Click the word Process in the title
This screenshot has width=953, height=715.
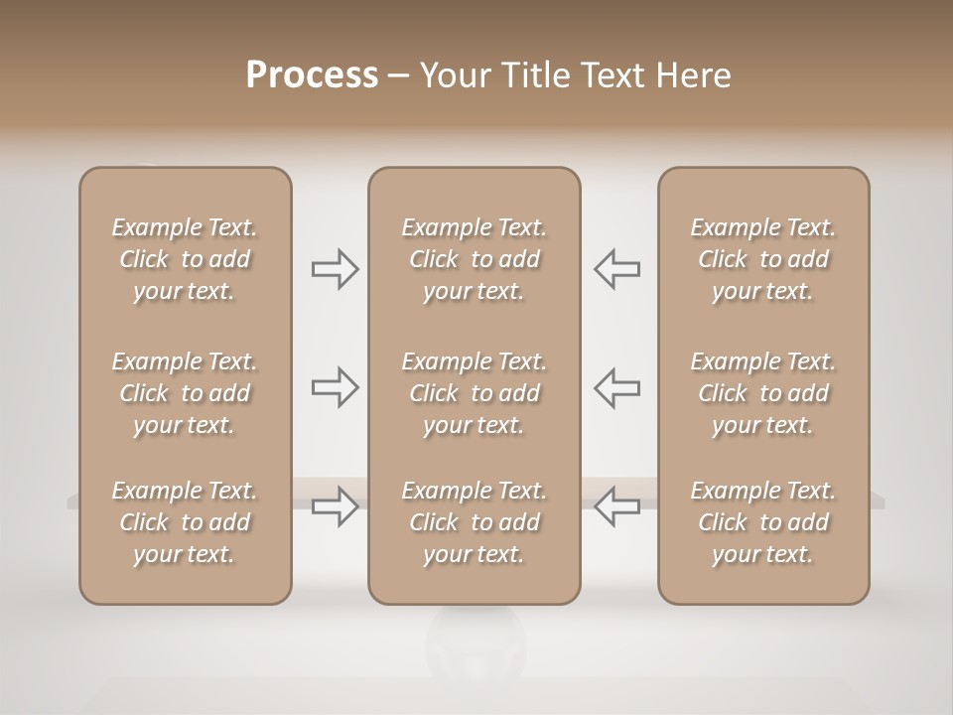[312, 75]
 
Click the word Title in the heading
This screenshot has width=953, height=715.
[532, 75]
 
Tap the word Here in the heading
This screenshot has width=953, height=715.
[693, 75]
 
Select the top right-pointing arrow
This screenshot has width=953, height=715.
[336, 269]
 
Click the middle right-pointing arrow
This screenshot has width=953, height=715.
[336, 387]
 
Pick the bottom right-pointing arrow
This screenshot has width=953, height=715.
[336, 506]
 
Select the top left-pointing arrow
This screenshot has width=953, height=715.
[616, 269]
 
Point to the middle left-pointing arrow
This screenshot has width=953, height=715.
[616, 387]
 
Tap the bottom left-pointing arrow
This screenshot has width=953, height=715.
[616, 506]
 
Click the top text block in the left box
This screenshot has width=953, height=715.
[185, 259]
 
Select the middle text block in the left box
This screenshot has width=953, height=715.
[185, 393]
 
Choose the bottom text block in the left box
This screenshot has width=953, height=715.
[185, 522]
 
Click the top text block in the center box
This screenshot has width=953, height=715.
[474, 259]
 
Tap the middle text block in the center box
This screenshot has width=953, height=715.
[474, 393]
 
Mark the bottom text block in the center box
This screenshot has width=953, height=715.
[474, 522]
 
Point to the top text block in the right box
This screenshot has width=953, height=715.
[763, 259]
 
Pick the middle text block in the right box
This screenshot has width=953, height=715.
[763, 393]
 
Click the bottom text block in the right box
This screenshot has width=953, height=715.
[763, 522]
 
